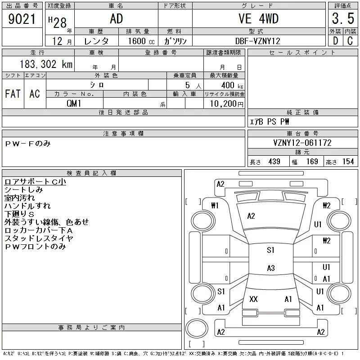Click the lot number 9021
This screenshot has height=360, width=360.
[x=22, y=18]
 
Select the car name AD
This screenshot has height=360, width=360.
[x=116, y=18]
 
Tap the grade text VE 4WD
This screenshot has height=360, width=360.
[x=258, y=18]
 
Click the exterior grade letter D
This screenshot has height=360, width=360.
[x=335, y=41]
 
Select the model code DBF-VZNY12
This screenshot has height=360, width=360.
[x=258, y=41]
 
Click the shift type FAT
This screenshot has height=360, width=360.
[x=13, y=94]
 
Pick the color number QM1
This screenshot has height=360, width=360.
[x=74, y=103]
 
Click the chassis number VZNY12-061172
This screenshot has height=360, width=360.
[x=302, y=143]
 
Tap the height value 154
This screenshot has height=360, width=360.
[x=347, y=162]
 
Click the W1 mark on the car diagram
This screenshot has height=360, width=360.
[x=215, y=206]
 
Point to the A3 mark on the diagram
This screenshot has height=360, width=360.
[x=270, y=268]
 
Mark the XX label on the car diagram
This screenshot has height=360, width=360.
[x=253, y=299]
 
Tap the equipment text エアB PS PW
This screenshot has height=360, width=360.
[x=270, y=121]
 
